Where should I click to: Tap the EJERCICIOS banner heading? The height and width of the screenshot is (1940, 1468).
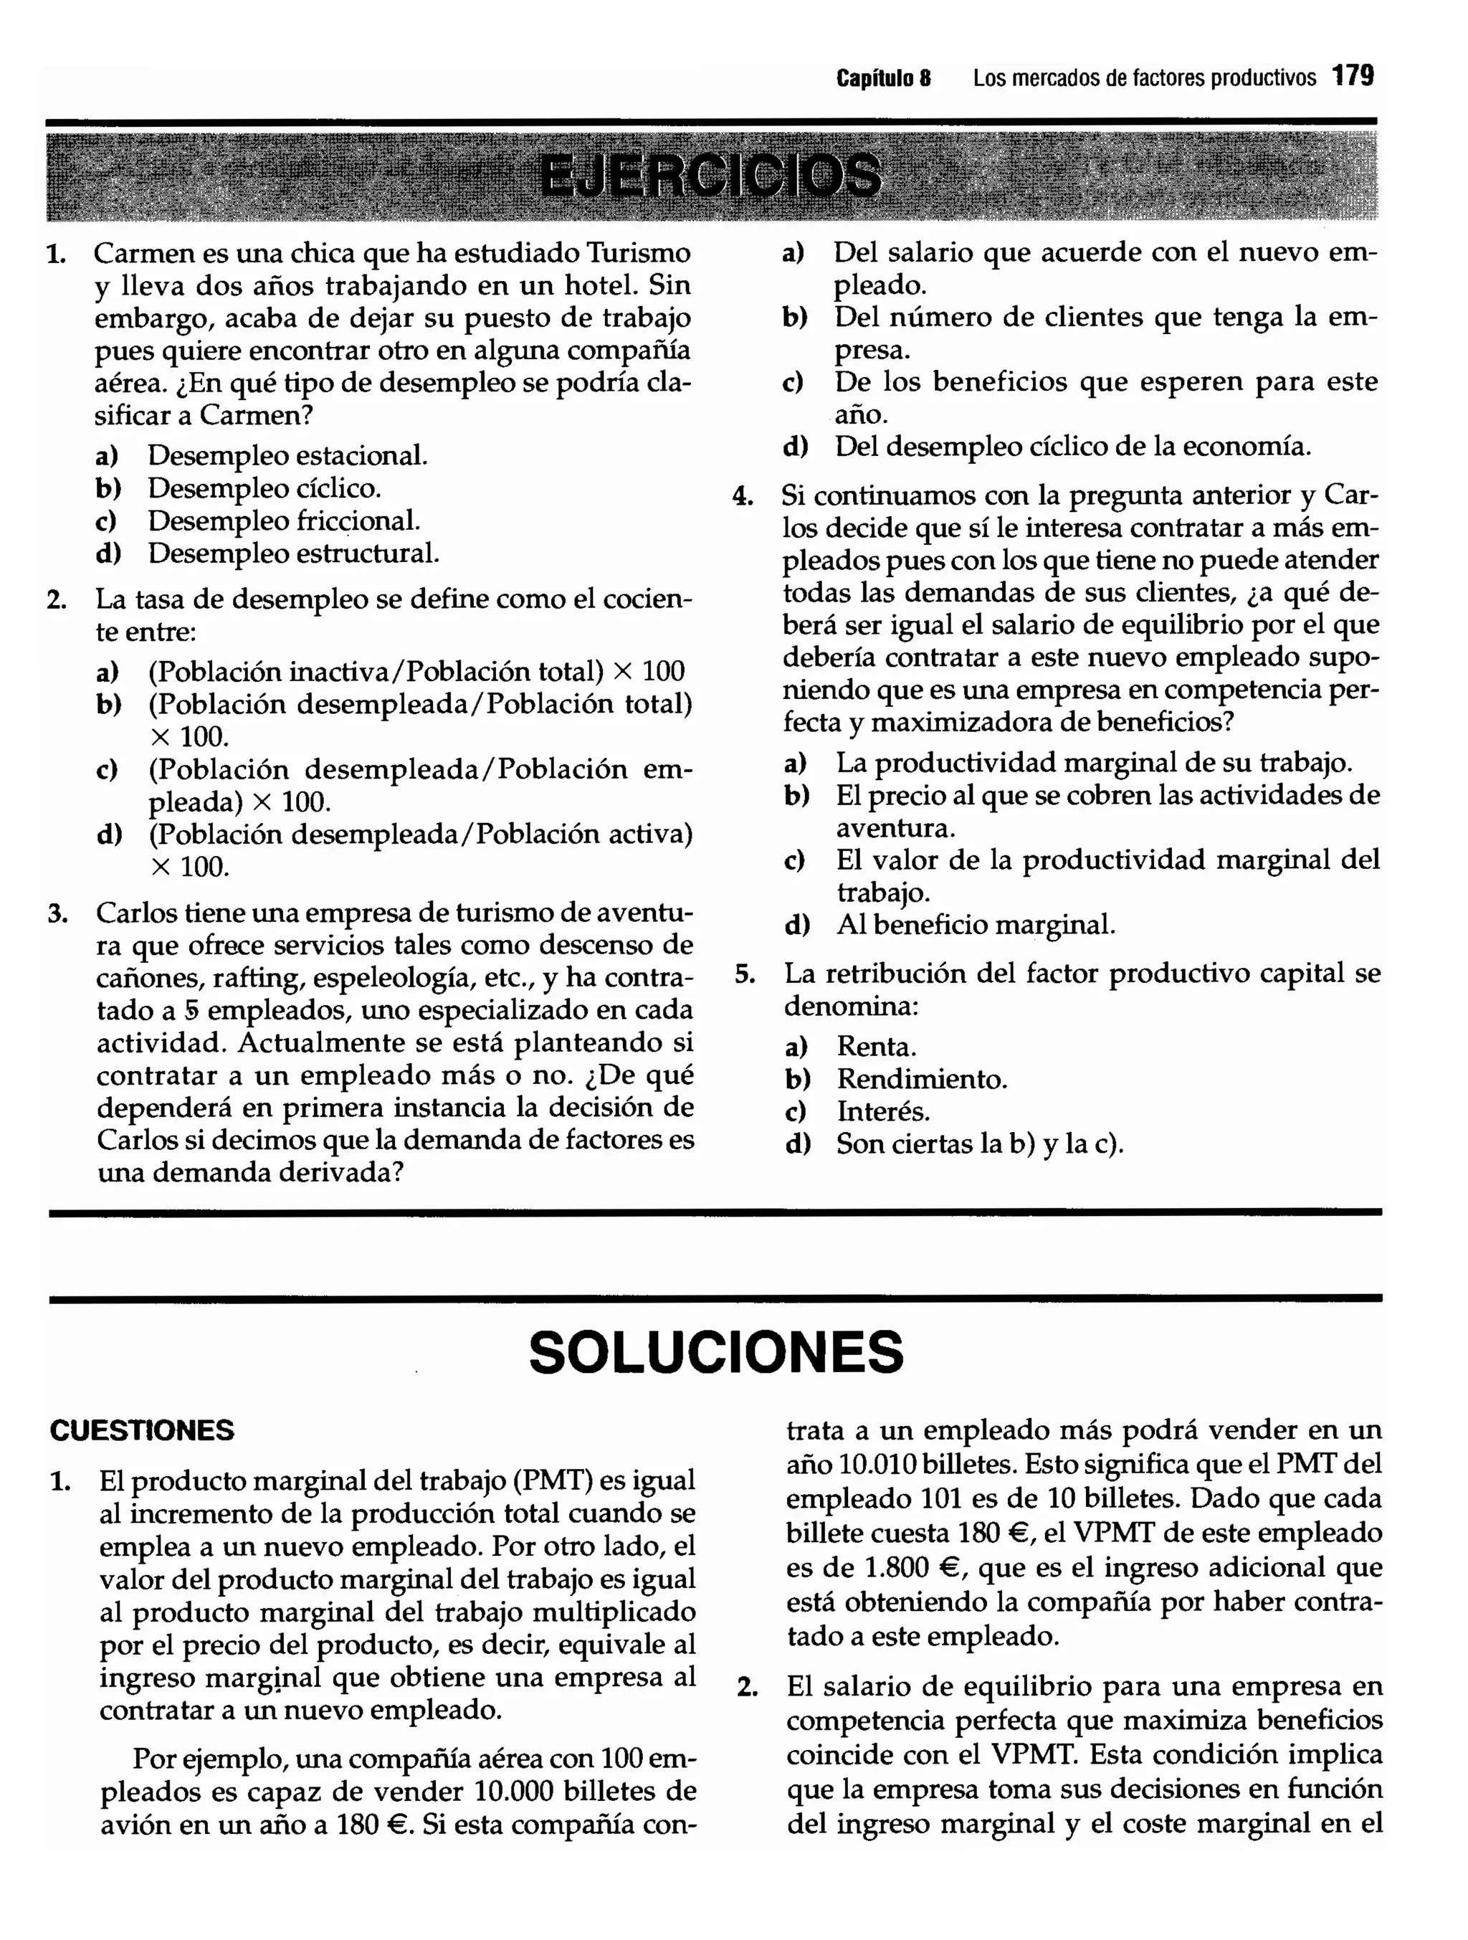[710, 176]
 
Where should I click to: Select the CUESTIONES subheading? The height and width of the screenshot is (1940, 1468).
[142, 1430]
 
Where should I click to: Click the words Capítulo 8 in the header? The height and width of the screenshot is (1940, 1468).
[883, 78]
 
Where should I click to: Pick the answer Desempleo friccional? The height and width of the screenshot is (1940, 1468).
[283, 521]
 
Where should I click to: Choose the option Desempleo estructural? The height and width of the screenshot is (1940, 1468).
[293, 553]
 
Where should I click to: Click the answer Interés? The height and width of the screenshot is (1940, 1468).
[883, 1111]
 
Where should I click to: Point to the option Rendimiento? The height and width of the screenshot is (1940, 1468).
[922, 1079]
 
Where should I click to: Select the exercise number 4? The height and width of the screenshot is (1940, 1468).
[743, 496]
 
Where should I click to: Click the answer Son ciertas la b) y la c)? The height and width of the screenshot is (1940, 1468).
[980, 1143]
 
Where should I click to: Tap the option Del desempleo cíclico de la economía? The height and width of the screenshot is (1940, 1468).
[1072, 447]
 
